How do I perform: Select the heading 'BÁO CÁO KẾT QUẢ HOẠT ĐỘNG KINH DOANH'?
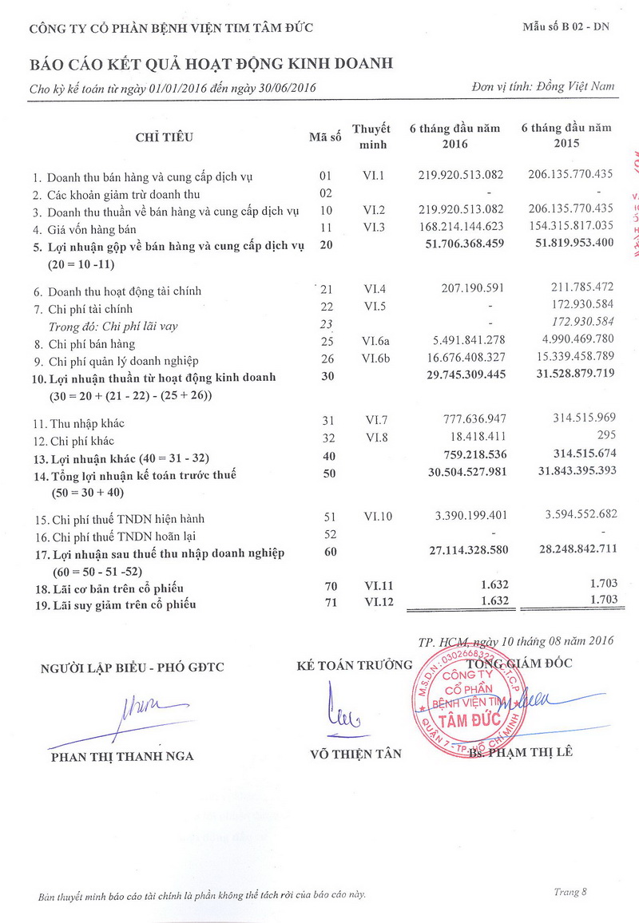coord(211,64)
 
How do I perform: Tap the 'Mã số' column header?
coord(325,137)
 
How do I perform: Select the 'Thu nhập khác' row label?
coord(79,423)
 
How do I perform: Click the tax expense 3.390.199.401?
coord(466,517)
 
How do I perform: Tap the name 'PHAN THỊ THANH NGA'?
coord(122,756)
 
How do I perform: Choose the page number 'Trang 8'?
coord(570,892)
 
